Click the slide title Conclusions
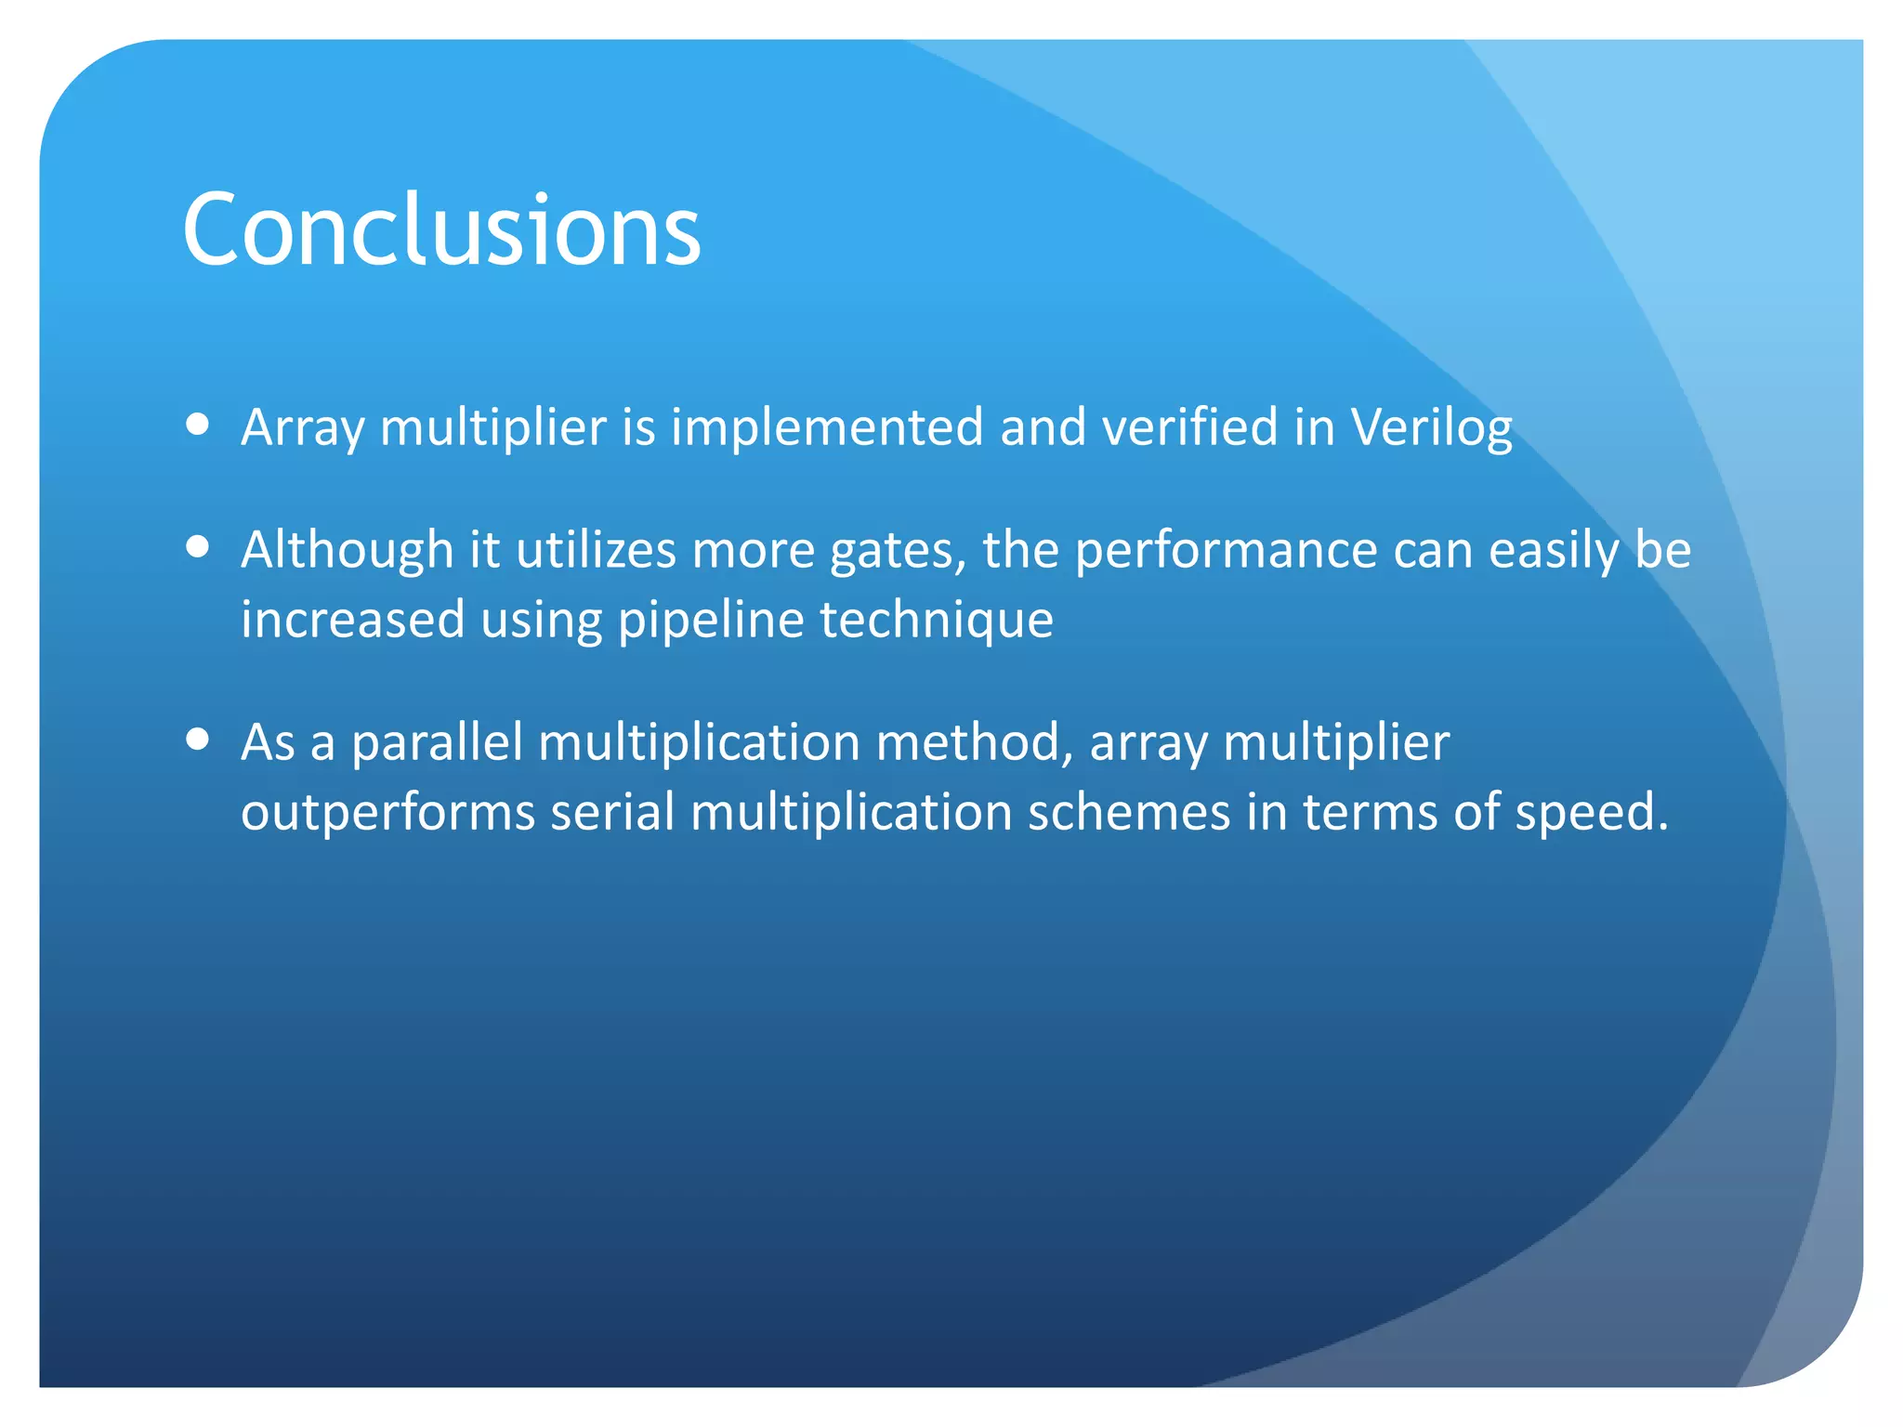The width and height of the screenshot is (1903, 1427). (x=441, y=229)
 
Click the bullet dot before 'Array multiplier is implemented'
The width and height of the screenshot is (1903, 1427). (x=197, y=424)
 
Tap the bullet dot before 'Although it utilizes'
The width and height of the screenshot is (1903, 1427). (x=197, y=546)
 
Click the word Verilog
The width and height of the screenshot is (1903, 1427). (x=1431, y=429)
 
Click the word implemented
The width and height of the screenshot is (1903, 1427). (x=827, y=429)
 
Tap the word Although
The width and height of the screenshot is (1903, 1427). (x=347, y=550)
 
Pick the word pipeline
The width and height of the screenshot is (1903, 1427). (x=711, y=621)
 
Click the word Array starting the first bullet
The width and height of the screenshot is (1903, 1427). (x=303, y=429)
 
